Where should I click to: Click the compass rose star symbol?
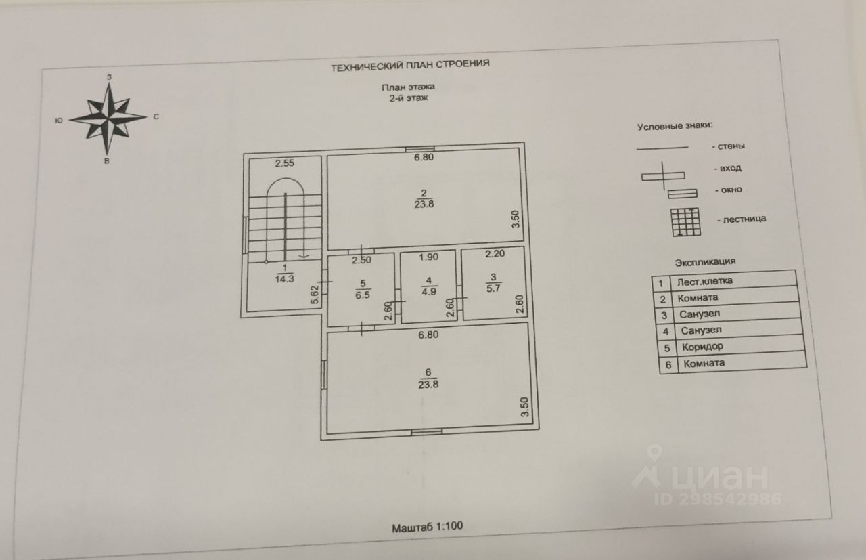(108, 117)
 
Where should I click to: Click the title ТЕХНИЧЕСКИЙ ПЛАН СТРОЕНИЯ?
(409, 65)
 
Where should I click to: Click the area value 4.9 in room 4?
(429, 292)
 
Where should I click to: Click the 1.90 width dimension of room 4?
(430, 257)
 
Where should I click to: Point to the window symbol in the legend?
(683, 194)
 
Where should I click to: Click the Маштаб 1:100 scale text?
(427, 526)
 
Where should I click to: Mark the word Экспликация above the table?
(704, 262)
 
